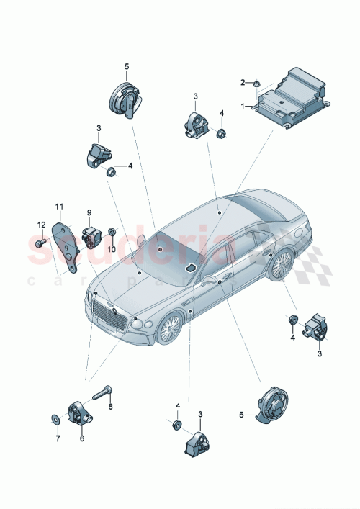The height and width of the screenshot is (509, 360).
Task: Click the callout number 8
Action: (109, 407)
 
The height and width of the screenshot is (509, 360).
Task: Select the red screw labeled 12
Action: (39, 246)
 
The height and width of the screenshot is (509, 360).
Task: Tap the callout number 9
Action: (90, 212)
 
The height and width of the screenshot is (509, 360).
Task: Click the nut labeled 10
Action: (113, 233)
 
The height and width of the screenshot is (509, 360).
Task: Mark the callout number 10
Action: (111, 248)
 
